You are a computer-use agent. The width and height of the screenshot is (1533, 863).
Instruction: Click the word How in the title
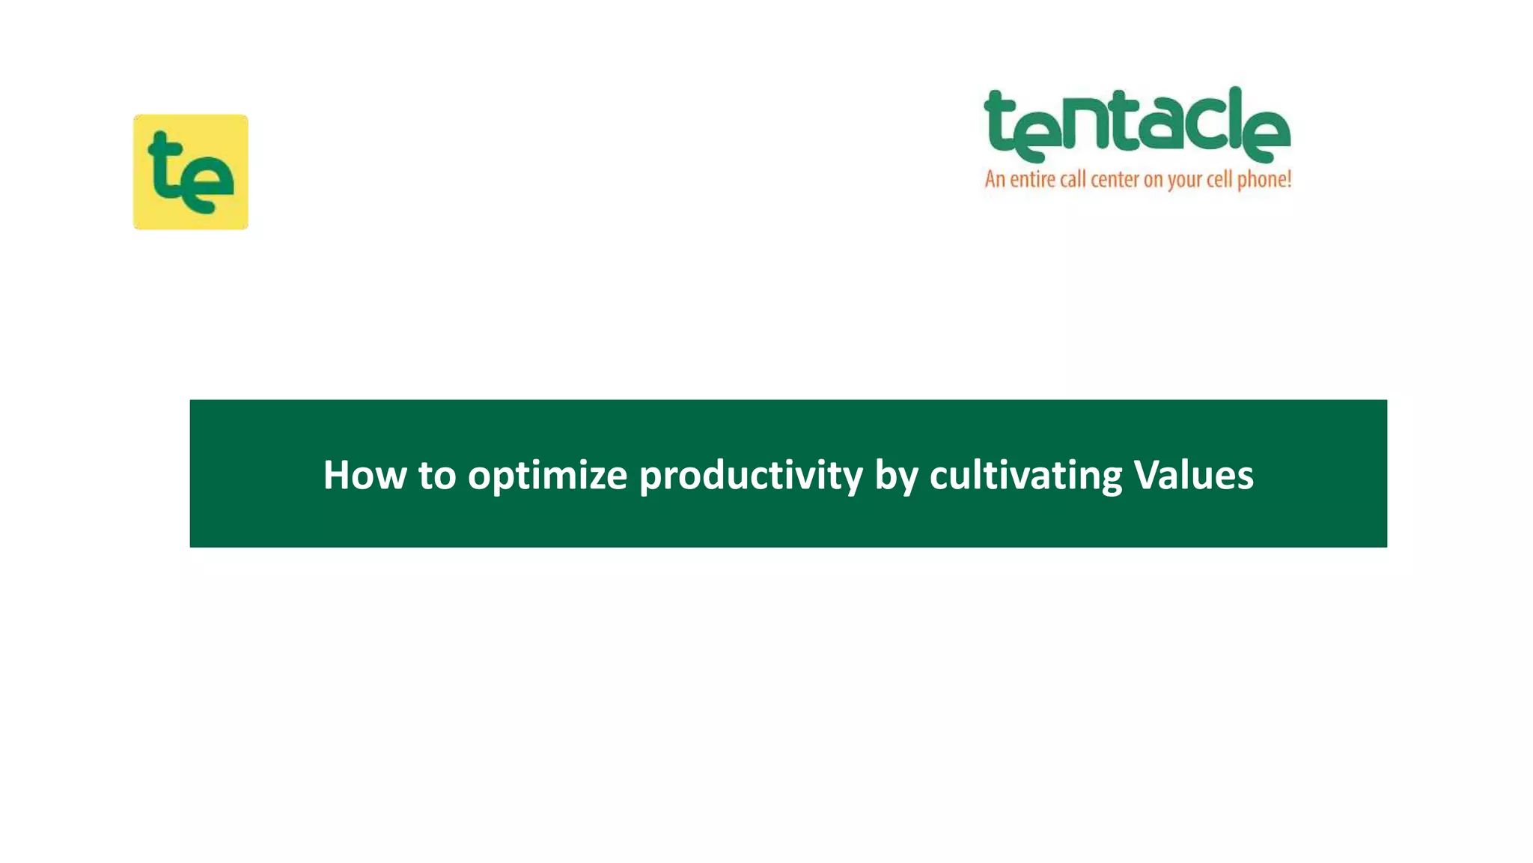tap(364, 475)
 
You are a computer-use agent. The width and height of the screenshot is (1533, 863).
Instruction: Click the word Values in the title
tap(1193, 475)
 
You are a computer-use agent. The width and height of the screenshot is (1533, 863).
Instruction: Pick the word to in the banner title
tap(437, 476)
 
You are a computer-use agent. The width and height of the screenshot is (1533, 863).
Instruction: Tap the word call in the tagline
tap(1073, 180)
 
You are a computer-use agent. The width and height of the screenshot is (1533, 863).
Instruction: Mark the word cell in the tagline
tap(1219, 180)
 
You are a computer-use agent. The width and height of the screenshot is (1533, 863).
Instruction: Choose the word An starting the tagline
tap(995, 180)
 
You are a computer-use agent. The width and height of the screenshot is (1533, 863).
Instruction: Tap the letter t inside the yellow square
tap(166, 166)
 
